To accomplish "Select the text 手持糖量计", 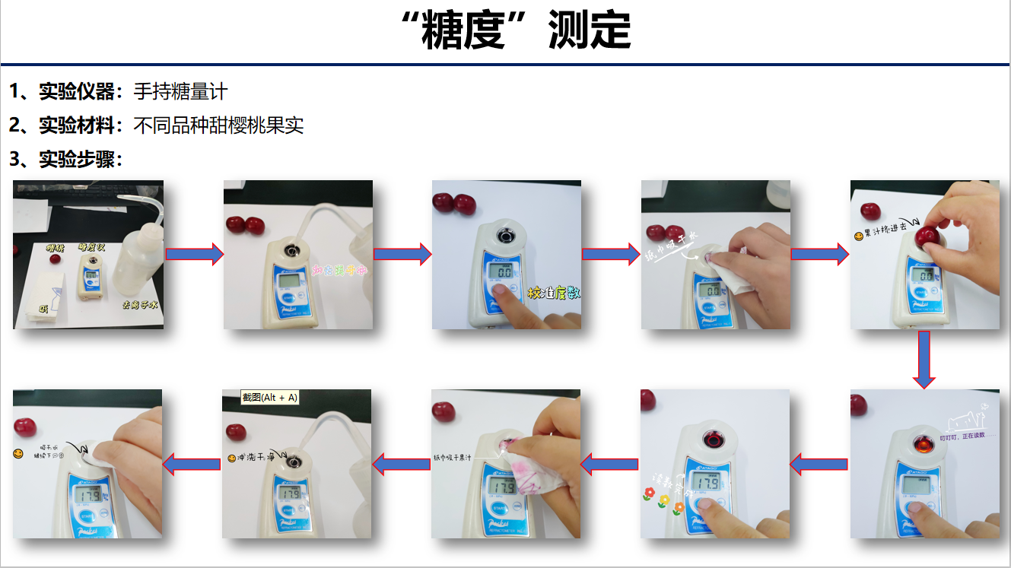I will [180, 92].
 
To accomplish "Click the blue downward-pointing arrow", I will [924, 359].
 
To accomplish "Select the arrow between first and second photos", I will [194, 254].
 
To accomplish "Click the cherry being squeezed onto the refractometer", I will [927, 235].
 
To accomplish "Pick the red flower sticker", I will [649, 495].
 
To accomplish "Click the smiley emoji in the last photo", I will [18, 454].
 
